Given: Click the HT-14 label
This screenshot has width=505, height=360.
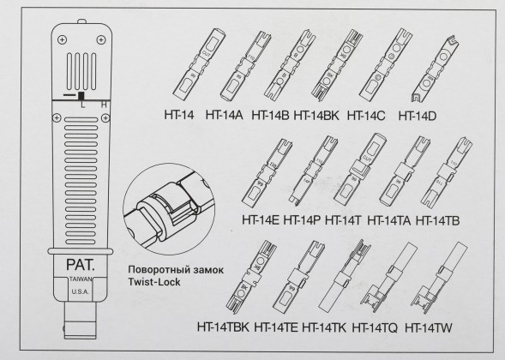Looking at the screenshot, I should pyautogui.click(x=181, y=114).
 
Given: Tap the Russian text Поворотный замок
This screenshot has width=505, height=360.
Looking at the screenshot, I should pyautogui.click(x=170, y=269).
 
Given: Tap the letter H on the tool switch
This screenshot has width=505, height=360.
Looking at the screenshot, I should pyautogui.click(x=104, y=104).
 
